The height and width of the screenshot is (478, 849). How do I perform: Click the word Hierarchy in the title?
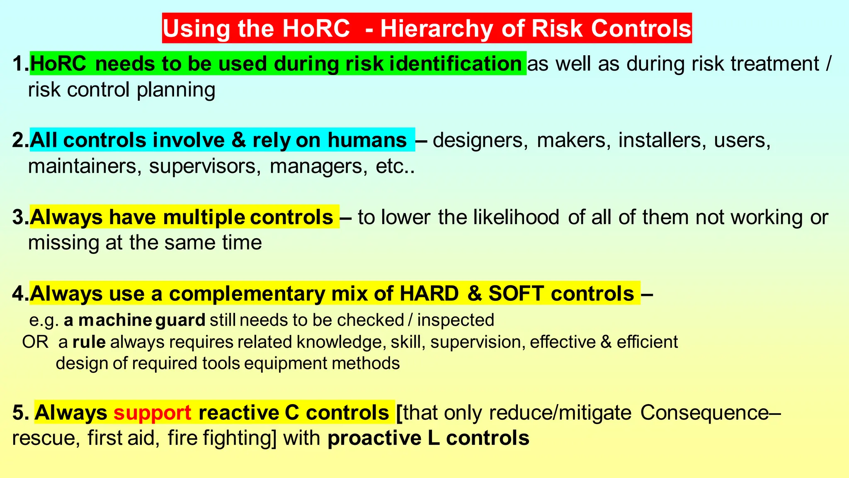[x=437, y=29]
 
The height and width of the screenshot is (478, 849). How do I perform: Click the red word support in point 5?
[x=153, y=412]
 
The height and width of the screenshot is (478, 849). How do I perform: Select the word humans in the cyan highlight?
[x=367, y=140]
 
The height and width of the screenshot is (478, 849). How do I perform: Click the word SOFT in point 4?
[x=516, y=293]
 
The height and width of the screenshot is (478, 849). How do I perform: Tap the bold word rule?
[x=89, y=342]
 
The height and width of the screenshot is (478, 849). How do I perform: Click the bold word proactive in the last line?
[x=374, y=438]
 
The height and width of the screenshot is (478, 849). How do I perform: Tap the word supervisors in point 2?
[x=205, y=166]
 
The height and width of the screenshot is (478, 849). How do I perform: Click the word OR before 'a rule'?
[x=35, y=342]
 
